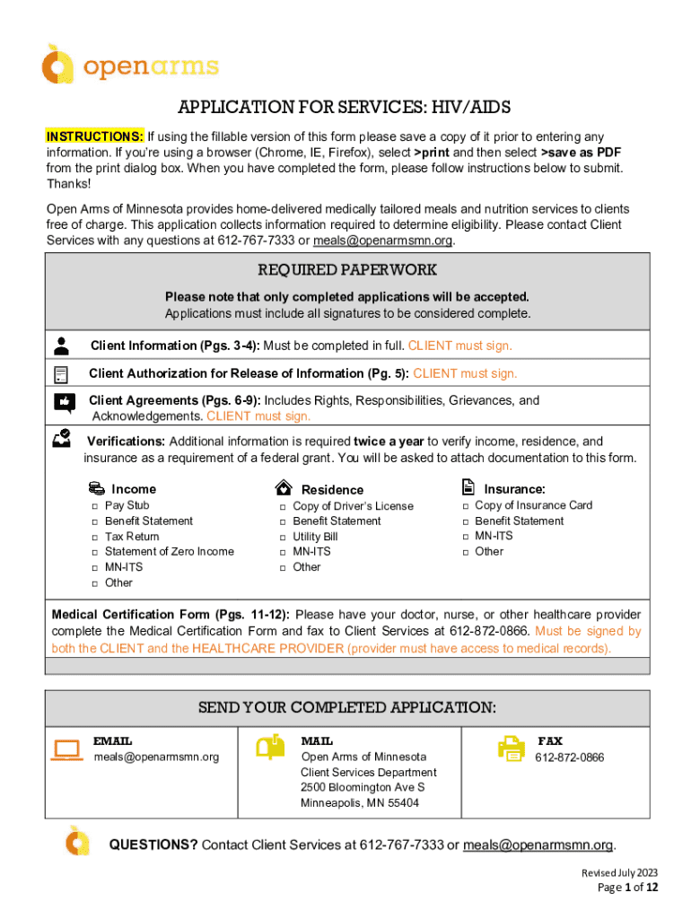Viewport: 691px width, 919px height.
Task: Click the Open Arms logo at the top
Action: click(x=129, y=66)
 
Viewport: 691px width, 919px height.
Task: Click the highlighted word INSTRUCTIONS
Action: click(x=94, y=136)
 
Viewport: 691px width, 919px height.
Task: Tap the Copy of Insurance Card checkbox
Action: click(x=466, y=506)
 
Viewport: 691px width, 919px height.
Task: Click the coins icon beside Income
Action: click(x=97, y=488)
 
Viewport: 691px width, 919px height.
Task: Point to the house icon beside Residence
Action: click(x=284, y=488)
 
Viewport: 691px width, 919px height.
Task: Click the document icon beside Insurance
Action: click(x=468, y=487)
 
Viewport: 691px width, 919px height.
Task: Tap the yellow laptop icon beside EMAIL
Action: click(x=67, y=749)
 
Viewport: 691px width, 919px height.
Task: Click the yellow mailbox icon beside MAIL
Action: click(x=268, y=748)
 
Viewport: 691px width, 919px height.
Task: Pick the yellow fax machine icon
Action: click(x=512, y=748)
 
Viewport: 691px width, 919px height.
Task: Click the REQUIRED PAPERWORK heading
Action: click(x=347, y=270)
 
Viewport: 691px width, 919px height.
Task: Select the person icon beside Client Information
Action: click(x=61, y=346)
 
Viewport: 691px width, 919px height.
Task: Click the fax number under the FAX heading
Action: click(x=569, y=757)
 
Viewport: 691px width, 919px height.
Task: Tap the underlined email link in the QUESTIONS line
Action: click(x=538, y=845)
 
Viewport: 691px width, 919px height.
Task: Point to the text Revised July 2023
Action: click(x=619, y=872)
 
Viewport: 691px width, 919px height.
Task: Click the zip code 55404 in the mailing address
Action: click(x=401, y=803)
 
